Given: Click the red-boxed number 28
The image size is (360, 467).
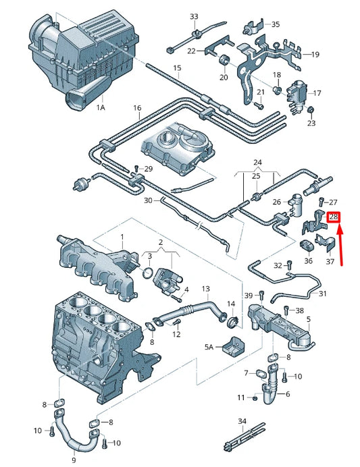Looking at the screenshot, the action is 334,217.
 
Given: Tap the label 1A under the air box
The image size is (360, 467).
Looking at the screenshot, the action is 101,107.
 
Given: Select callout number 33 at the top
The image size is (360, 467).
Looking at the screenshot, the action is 194,16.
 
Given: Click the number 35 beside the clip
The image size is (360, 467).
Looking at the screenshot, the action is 276,24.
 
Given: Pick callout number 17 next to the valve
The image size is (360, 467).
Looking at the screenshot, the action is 317,93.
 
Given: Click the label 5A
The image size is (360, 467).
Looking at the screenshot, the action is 209,347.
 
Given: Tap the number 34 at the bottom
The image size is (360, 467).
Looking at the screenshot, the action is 242,421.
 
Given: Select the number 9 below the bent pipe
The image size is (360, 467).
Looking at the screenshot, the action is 74,460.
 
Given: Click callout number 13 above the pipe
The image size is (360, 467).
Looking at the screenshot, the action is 205,289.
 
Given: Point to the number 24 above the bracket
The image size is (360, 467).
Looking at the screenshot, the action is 257,163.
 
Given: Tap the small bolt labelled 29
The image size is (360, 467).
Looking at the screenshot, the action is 136,168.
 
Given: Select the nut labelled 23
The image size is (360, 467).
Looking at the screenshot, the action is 311,110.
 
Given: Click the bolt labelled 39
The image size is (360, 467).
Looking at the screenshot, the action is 261,295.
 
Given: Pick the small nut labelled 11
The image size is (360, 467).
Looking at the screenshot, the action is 255,397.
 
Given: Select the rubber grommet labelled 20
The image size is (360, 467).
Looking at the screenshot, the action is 224,60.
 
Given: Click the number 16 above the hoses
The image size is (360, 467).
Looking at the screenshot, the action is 137,108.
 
